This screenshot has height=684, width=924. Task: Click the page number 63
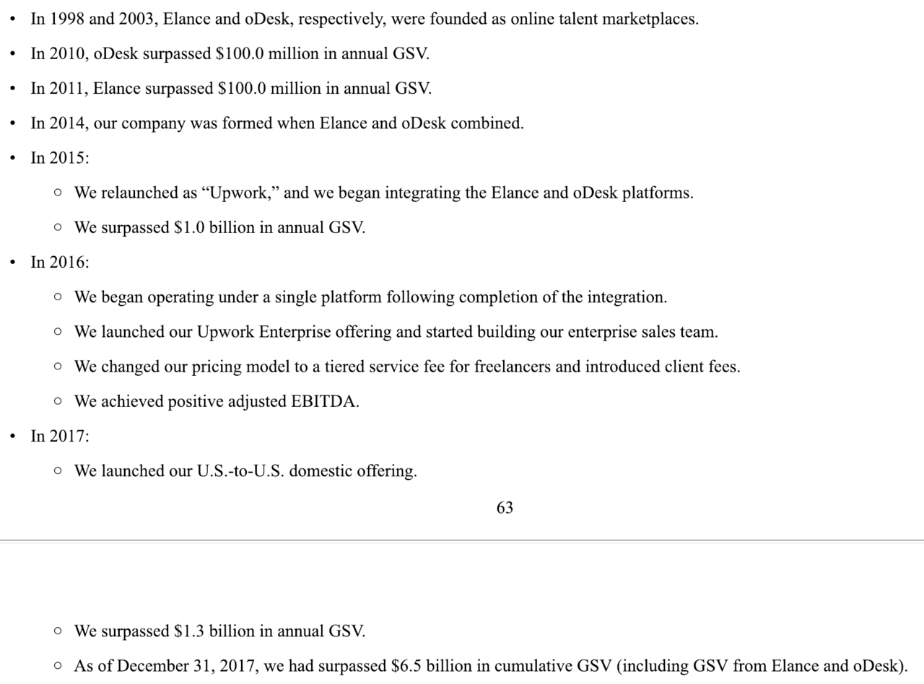click(x=505, y=508)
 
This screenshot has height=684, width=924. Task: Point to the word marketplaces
click(x=650, y=19)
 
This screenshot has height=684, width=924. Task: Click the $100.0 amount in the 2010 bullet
click(x=240, y=54)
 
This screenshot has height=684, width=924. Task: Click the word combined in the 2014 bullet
click(x=487, y=123)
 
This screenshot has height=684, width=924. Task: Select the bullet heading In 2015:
click(x=60, y=158)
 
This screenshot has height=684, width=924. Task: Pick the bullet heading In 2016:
click(x=60, y=263)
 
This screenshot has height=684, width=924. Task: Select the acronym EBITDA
click(x=325, y=402)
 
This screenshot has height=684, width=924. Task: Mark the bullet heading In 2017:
click(x=60, y=437)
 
